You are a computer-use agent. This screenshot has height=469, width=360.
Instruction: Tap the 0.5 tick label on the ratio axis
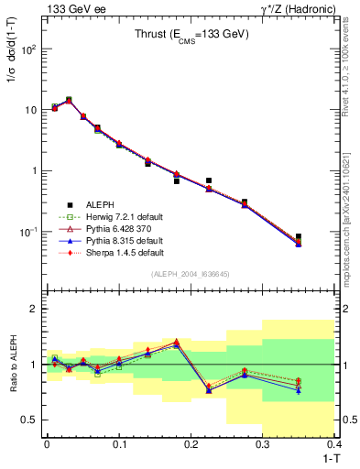pyautogui.click(x=29, y=420)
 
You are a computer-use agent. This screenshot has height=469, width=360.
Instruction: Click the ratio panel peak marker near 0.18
pyautogui.click(x=176, y=342)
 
